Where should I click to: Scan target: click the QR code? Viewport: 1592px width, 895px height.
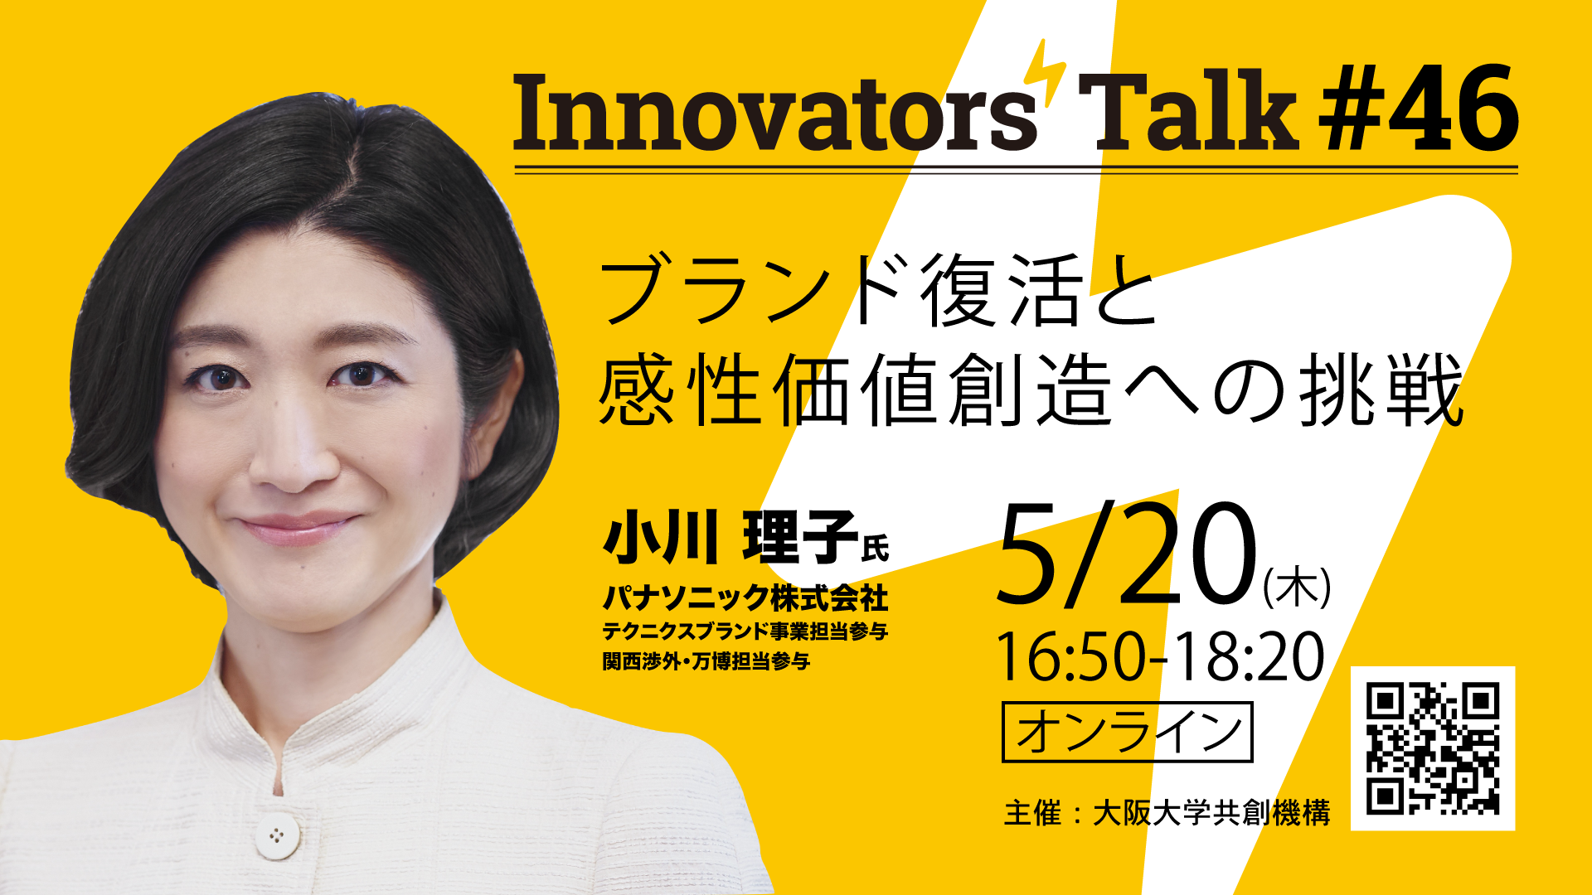(x=1433, y=748)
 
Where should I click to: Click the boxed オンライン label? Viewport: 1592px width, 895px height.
(x=1128, y=732)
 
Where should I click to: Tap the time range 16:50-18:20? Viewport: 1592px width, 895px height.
(x=1161, y=656)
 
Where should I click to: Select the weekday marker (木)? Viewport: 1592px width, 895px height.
(x=1297, y=586)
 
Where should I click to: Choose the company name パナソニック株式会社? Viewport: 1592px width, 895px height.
(x=745, y=597)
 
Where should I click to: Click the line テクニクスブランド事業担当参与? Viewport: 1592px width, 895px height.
(x=745, y=631)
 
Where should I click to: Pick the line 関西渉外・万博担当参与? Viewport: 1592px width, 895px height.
(x=706, y=661)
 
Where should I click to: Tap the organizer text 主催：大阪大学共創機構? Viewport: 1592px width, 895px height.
(x=1167, y=813)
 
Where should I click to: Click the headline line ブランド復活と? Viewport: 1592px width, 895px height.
(x=879, y=290)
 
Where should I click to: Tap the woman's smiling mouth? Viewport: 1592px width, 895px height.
(x=294, y=529)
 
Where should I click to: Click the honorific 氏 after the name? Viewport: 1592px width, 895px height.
(x=876, y=549)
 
